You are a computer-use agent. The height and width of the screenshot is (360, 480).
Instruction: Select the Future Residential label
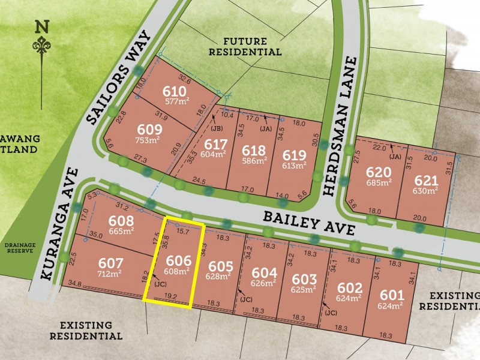pyautogui.click(x=252, y=47)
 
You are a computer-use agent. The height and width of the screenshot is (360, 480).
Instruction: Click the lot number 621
pyautogui.click(x=426, y=180)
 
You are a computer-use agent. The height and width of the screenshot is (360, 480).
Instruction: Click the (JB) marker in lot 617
pyautogui.click(x=218, y=127)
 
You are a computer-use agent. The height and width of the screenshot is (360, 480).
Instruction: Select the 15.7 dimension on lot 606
pyautogui.click(x=183, y=230)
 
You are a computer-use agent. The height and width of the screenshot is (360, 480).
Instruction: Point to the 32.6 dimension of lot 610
pyautogui.click(x=186, y=78)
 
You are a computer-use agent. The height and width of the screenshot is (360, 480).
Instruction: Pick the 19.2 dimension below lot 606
pyautogui.click(x=170, y=295)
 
